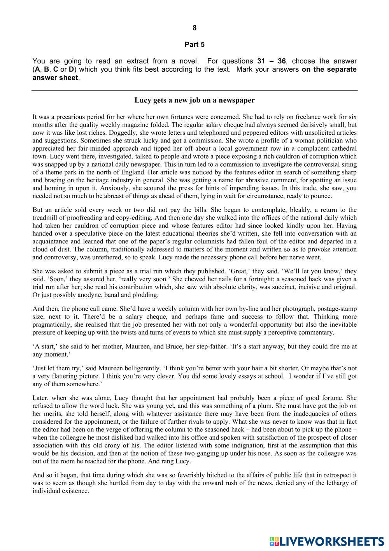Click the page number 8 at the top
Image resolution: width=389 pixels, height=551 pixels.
pos(194,28)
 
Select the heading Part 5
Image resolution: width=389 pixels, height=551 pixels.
pos(194,44)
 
